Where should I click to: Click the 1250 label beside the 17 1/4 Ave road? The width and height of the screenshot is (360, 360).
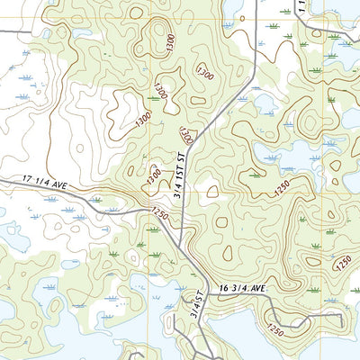[x=160, y=215]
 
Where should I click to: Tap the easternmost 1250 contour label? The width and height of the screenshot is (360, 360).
[x=343, y=262]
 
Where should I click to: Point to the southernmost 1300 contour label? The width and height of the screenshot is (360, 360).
[x=154, y=174]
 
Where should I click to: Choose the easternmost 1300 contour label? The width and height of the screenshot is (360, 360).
[x=185, y=135]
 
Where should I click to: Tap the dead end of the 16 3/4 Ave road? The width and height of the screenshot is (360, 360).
[x=310, y=317]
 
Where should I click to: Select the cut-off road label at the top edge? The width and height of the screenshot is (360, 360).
[x=302, y=7]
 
